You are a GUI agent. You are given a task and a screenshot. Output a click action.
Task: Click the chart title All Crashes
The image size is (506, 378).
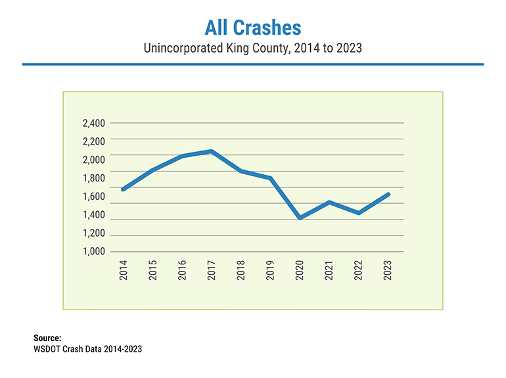tap(252, 28)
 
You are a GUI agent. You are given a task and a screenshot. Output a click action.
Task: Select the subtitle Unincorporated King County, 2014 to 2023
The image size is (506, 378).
tap(252, 49)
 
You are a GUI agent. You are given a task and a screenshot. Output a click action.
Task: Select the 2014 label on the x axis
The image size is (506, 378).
tap(124, 270)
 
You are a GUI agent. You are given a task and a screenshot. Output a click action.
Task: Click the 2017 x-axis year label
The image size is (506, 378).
tap(212, 270)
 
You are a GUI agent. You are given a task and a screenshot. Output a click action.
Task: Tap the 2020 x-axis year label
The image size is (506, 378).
tap(300, 270)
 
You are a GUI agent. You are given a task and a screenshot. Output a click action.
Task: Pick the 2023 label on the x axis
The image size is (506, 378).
tap(388, 270)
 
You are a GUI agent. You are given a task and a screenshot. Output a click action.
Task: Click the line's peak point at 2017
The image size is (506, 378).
tap(211, 151)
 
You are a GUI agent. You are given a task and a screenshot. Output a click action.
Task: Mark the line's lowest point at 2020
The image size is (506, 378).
tap(300, 218)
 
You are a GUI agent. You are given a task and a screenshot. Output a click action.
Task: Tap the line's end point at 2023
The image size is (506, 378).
tap(388, 195)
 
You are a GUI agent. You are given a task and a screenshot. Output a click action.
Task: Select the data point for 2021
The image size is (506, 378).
tap(329, 202)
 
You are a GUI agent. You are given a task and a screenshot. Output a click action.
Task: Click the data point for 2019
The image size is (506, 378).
tap(270, 178)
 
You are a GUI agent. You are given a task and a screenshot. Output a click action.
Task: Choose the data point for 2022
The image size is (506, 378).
tap(358, 213)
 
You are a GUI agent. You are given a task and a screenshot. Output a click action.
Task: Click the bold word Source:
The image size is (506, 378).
tap(47, 338)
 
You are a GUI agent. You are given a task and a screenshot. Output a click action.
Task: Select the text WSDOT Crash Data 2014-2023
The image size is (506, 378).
tap(87, 349)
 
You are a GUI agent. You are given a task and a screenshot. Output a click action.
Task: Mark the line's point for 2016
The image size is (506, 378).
tap(182, 156)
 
